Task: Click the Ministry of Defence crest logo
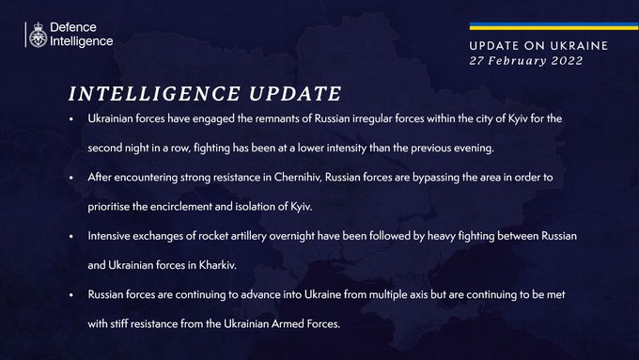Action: (37, 35)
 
